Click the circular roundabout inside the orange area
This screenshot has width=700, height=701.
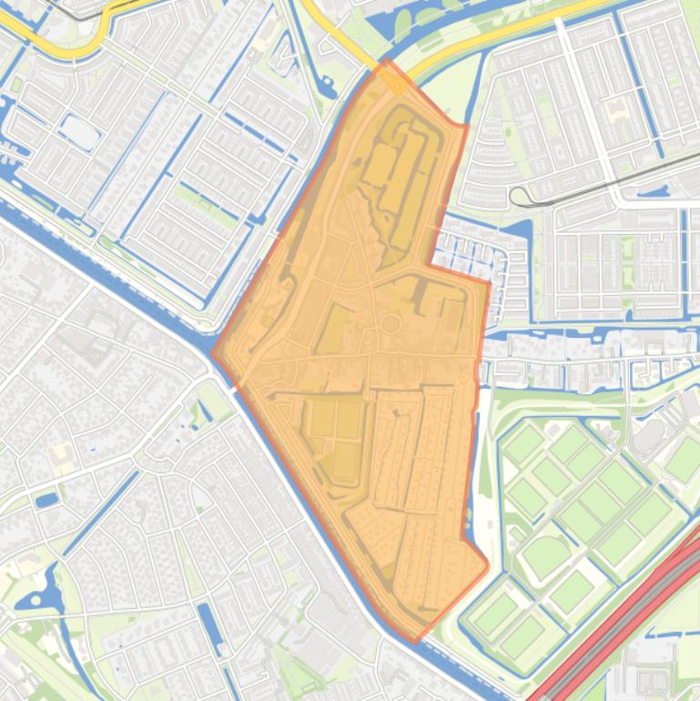click(390, 323)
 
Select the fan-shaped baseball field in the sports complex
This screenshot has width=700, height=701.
click(544, 554)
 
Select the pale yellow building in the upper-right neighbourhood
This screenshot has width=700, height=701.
click(618, 110)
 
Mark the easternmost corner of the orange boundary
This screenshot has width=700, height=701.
click(491, 283)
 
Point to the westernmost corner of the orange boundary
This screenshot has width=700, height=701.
click(213, 355)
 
